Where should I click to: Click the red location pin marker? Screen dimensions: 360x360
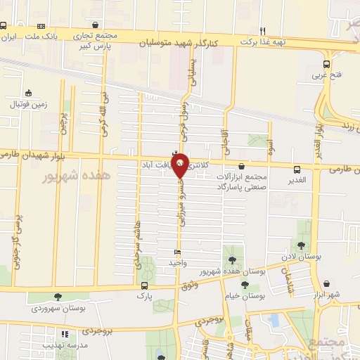(181, 165)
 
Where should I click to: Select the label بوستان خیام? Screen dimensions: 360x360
(245, 296)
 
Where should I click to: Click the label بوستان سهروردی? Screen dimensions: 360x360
(58, 309)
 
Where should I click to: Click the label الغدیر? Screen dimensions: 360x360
(298, 180)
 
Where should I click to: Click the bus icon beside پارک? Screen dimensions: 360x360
(144, 285)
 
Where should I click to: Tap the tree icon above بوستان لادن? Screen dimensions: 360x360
(301, 245)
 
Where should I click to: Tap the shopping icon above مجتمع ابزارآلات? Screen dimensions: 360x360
(242, 167)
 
